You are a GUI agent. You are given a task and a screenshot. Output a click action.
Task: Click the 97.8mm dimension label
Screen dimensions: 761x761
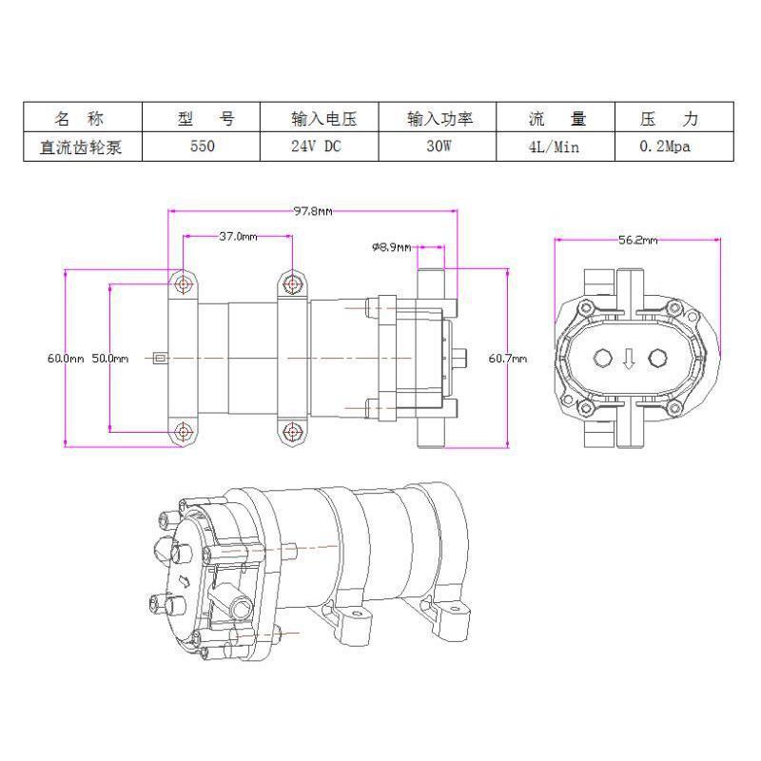coord(313,211)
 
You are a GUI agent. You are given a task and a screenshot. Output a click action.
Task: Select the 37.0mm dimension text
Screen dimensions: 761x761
coord(238,236)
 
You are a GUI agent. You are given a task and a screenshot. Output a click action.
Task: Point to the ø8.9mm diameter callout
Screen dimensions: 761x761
coord(391,247)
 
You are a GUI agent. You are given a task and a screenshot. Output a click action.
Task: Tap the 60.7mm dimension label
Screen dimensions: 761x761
coord(507,359)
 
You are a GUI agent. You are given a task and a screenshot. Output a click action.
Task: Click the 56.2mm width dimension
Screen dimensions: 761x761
coord(637,240)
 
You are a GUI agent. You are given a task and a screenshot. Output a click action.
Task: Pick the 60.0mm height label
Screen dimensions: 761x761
coord(66,359)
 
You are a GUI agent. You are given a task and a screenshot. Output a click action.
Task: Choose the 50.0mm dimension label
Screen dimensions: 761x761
coord(110,359)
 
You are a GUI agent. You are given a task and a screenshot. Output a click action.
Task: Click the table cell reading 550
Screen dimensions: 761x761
coord(202,146)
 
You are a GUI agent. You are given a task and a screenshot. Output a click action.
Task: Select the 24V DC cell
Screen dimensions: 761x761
coord(316,146)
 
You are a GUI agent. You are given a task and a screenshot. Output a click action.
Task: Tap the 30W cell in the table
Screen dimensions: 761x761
coord(439,146)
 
